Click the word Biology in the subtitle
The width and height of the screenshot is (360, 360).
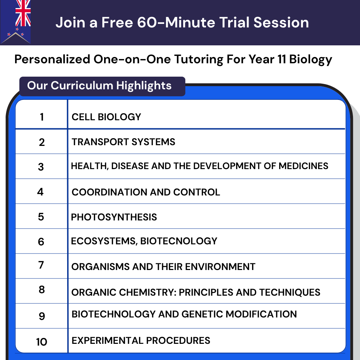click(310, 59)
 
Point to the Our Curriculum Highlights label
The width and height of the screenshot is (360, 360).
click(99, 85)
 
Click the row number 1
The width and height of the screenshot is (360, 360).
click(42, 117)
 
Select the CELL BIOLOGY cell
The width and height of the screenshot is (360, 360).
click(106, 117)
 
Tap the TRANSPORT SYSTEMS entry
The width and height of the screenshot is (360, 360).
click(123, 142)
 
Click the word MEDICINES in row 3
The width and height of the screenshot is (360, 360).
click(303, 166)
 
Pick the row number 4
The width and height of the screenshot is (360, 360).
click(41, 192)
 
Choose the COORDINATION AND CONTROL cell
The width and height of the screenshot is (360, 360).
click(146, 192)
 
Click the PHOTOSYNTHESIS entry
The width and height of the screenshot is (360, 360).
click(114, 217)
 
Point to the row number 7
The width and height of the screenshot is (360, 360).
click(41, 265)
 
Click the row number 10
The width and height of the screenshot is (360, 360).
click(41, 341)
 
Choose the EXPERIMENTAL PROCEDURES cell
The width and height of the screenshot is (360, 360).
click(141, 340)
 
